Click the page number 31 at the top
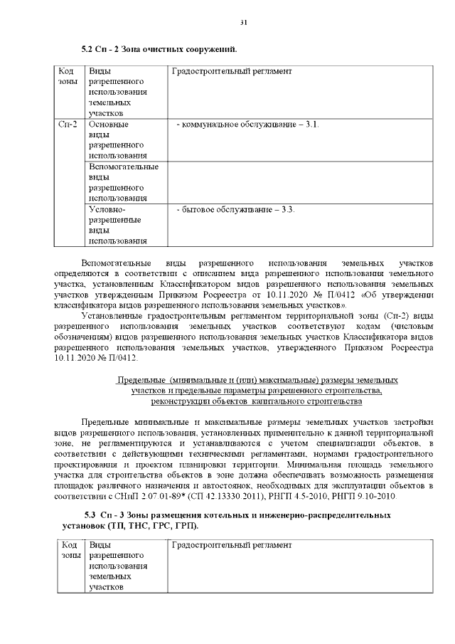click(x=243, y=23)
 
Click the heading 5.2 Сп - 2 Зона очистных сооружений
click(x=159, y=49)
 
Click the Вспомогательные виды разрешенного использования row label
click(x=123, y=182)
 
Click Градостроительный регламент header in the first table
click(x=232, y=72)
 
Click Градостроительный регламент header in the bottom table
click(x=232, y=544)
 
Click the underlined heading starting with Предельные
click(x=257, y=391)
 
